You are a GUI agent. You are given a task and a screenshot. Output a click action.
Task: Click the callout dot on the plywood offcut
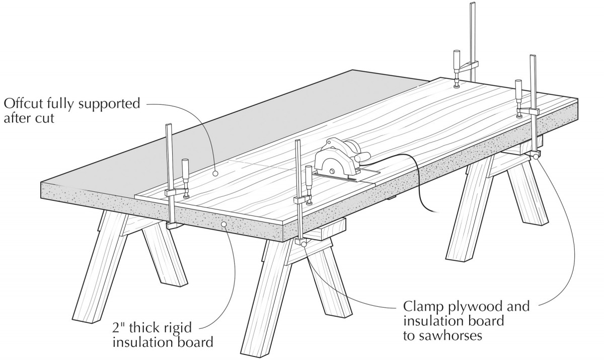(x=215, y=173)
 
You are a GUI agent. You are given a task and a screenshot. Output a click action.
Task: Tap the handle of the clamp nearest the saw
(x=308, y=178)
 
